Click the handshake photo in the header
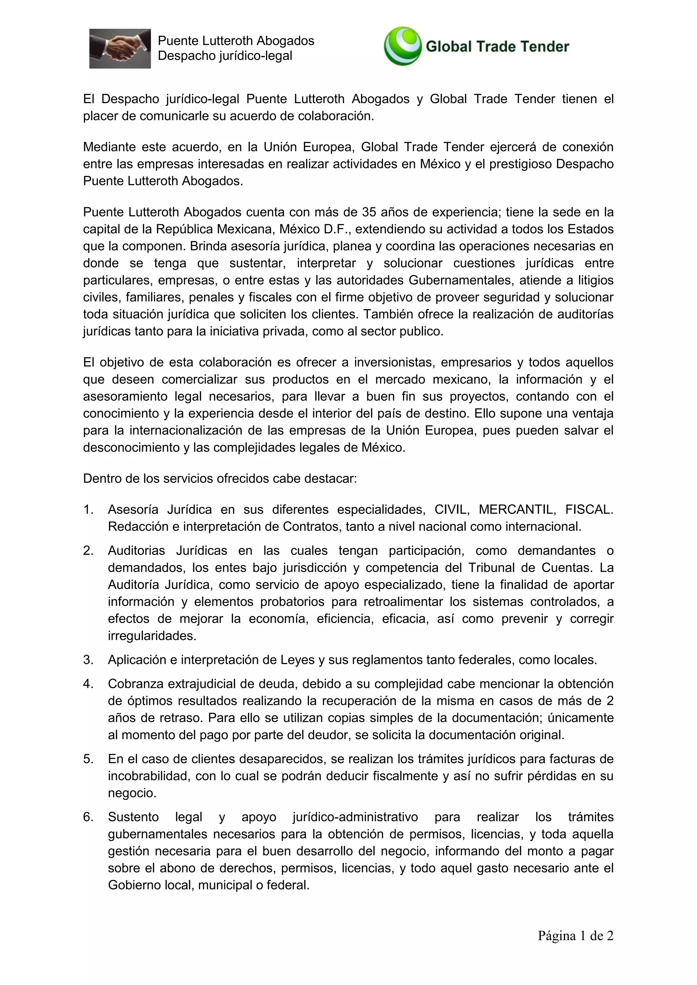tap(120, 49)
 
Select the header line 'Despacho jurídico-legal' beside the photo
tap(225, 56)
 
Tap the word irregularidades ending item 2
tap(152, 636)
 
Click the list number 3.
tap(88, 660)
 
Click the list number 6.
tap(88, 817)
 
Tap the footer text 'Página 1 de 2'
tap(576, 936)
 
